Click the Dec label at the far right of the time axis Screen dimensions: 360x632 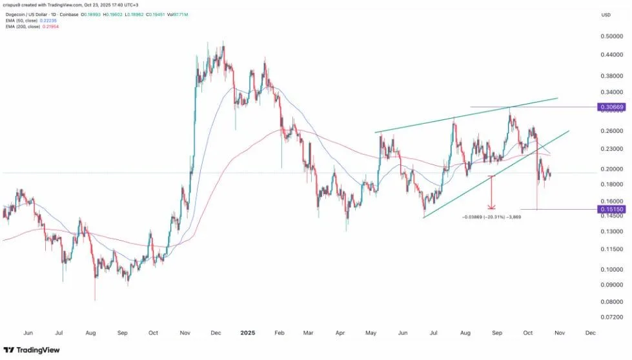[x=590, y=333]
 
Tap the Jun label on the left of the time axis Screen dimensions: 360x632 [x=28, y=333]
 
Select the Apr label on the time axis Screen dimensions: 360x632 [x=340, y=333]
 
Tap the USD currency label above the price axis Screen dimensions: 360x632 [x=606, y=15]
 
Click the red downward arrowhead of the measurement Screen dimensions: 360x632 [x=492, y=206]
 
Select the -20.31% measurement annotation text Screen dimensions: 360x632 [x=491, y=217]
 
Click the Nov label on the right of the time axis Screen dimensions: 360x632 [x=559, y=333]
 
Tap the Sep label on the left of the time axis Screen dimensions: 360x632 [x=121, y=333]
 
